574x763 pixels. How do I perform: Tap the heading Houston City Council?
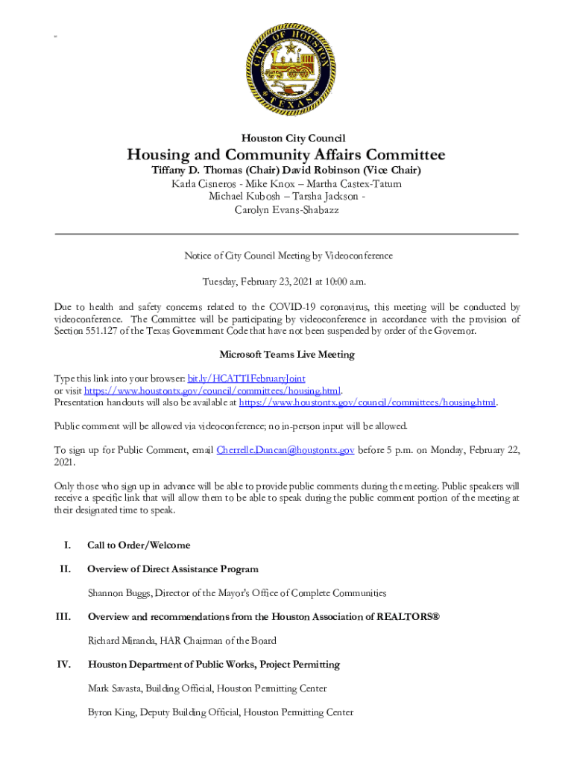[287, 137]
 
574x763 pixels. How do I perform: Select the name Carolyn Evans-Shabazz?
[287, 210]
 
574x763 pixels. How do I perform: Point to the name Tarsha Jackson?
[326, 197]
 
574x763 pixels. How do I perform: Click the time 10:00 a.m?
[344, 282]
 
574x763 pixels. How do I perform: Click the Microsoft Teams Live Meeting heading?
[287, 355]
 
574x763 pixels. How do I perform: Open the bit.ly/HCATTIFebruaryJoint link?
[246, 379]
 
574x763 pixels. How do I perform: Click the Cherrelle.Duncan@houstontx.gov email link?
[285, 450]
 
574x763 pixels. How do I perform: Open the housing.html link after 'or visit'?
[212, 390]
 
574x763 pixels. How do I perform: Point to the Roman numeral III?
[63, 617]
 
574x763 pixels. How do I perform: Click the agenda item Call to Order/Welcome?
[139, 545]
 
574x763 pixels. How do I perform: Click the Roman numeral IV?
[63, 665]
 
